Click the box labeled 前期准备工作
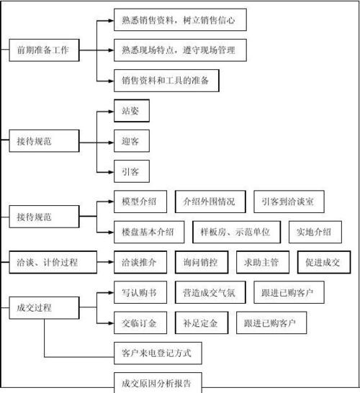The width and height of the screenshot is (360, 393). click(44, 50)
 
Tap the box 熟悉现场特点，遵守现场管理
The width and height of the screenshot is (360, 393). click(180, 50)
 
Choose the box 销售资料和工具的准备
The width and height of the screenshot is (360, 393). click(166, 81)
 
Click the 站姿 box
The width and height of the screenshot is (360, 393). click(131, 112)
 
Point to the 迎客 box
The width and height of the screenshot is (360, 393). click(131, 142)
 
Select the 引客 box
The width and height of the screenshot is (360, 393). click(131, 171)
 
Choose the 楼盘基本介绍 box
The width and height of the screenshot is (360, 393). click(148, 232)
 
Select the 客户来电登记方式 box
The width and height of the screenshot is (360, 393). click(157, 353)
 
